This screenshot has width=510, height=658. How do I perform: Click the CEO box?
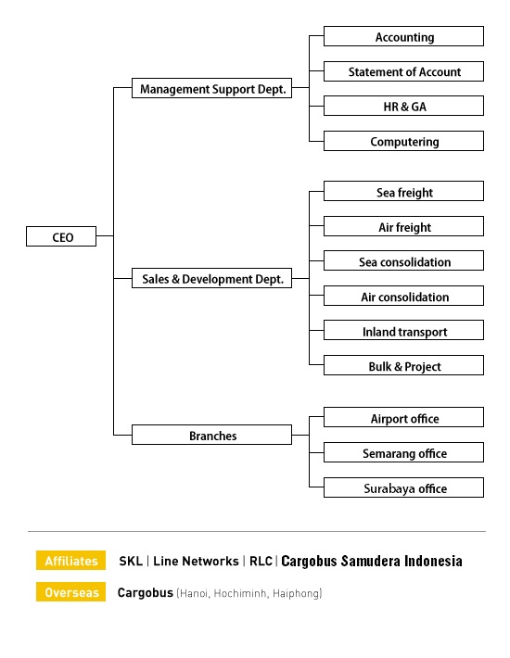click(61, 236)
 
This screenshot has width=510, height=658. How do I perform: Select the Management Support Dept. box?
click(212, 88)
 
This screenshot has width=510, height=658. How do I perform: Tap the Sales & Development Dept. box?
click(212, 278)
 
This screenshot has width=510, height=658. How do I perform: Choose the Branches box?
click(212, 435)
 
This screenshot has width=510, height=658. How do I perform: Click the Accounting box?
click(403, 36)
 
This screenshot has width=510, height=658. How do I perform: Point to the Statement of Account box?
click(403, 71)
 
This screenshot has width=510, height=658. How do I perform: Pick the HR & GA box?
click(403, 106)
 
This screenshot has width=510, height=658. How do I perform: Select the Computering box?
click(403, 141)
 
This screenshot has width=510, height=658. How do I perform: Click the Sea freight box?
click(403, 191)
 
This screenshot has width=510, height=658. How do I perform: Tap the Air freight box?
click(403, 226)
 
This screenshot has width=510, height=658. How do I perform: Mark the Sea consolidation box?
click(403, 260)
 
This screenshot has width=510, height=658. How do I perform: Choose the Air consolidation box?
click(403, 296)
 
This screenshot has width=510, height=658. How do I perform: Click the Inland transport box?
click(403, 330)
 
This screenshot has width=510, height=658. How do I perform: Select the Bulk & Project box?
click(403, 365)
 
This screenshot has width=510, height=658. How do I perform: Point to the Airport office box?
click(403, 417)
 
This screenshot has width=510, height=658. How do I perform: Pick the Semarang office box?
click(403, 452)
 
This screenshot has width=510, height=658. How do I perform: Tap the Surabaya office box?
click(403, 487)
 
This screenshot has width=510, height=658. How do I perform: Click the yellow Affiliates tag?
click(71, 560)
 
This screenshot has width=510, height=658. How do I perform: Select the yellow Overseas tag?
click(71, 591)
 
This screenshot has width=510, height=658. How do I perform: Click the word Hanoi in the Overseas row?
click(194, 593)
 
